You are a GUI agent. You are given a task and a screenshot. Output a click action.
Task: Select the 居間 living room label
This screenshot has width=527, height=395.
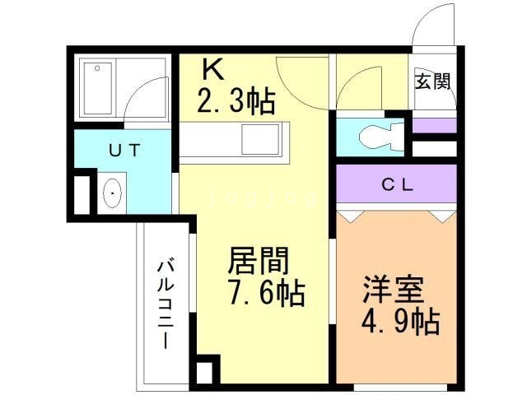(258, 263)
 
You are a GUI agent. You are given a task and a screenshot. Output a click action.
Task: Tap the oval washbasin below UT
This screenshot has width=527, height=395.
(112, 193)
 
